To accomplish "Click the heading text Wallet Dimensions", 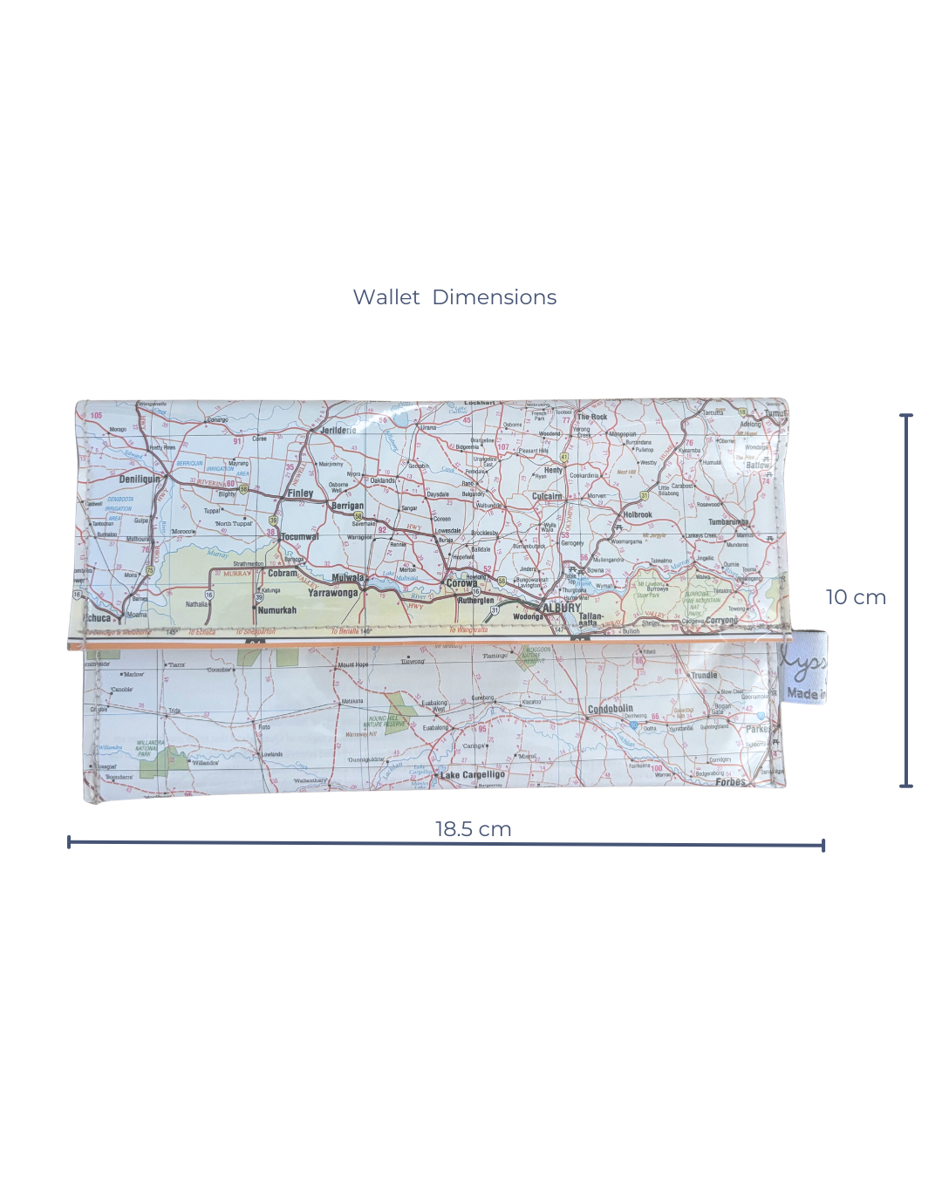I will click(454, 297).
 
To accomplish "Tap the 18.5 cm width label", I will click(473, 829).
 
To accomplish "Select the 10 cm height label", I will click(856, 597).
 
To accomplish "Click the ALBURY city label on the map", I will click(561, 608).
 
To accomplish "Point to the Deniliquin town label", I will click(140, 479).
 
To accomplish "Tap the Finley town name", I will click(300, 493).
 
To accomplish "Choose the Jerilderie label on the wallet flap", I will click(338, 430).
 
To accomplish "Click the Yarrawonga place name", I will click(332, 593).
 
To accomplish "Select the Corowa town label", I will click(462, 583).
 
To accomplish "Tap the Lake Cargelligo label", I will click(473, 774).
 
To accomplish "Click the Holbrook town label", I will click(638, 514).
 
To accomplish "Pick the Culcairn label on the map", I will click(547, 496).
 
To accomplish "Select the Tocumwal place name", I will click(299, 537).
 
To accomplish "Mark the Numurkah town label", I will click(277, 610).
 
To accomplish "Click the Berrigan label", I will click(347, 506).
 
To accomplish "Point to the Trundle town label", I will click(704, 675).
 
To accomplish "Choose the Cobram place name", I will click(283, 574).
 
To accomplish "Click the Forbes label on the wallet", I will click(730, 782).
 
